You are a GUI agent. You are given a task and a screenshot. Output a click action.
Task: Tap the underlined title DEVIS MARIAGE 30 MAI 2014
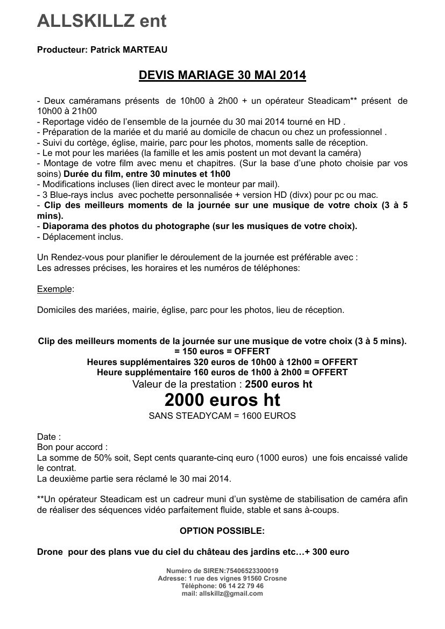222,75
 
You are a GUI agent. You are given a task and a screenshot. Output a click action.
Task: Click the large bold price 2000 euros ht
222,400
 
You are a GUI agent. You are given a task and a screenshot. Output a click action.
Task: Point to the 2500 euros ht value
278,384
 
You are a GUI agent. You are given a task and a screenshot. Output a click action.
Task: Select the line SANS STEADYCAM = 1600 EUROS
222,416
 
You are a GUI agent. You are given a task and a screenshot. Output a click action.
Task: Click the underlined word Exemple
54,289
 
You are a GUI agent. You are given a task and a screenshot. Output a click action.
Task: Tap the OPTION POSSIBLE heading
222,531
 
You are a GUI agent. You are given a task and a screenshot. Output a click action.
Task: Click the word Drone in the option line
50,552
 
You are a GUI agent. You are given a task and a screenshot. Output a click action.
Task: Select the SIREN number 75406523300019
249,571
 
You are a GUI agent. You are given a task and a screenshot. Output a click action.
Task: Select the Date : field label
49,437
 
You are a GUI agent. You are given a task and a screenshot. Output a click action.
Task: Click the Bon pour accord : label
72,447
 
